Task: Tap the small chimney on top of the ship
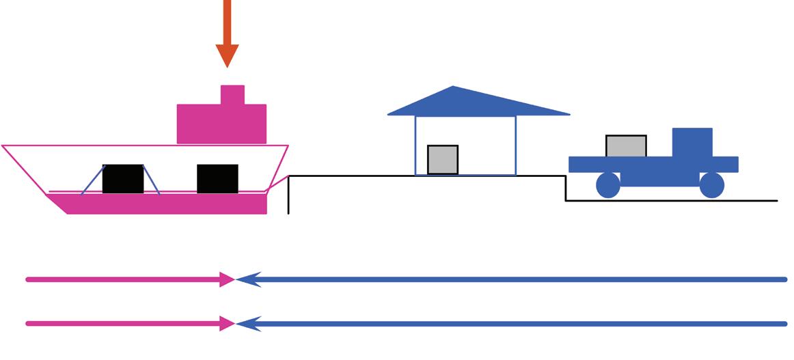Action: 232,94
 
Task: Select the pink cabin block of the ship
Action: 221,124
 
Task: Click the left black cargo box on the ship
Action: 123,179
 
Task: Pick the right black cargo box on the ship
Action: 217,179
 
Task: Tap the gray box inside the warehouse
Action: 443,160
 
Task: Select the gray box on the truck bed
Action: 626,146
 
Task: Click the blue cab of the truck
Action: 692,143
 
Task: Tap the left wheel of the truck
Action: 608,185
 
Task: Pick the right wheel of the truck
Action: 711,185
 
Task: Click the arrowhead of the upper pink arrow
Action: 227,279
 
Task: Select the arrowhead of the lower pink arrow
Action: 227,324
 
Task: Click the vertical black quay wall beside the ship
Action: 289,195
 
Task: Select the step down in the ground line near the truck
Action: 566,189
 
